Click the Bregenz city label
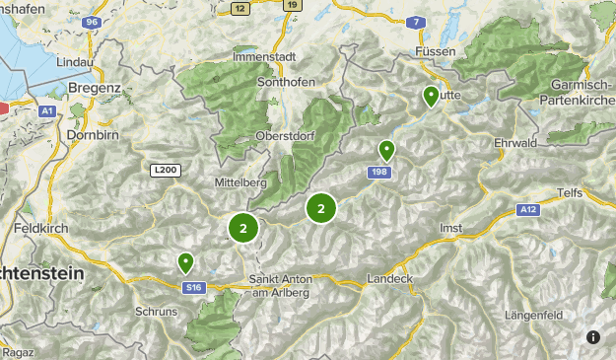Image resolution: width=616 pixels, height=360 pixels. tap(95, 88)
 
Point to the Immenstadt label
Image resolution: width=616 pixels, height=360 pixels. tap(264, 56)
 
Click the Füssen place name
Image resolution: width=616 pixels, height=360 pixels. tap(434, 49)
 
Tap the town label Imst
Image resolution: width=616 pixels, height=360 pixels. tap(450, 228)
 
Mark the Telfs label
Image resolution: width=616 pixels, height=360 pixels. tap(570, 192)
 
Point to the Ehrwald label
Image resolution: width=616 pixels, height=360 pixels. tap(514, 142)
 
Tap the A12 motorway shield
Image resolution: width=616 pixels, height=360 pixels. tap(529, 209)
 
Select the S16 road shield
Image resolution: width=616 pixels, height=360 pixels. tap(194, 288)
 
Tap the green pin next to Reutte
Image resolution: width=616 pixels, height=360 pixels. tap(431, 97)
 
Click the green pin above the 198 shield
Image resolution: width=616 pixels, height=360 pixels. tap(386, 151)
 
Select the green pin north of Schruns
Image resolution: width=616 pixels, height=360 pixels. tap(185, 262)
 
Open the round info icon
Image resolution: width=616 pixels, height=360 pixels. tap(592, 336)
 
